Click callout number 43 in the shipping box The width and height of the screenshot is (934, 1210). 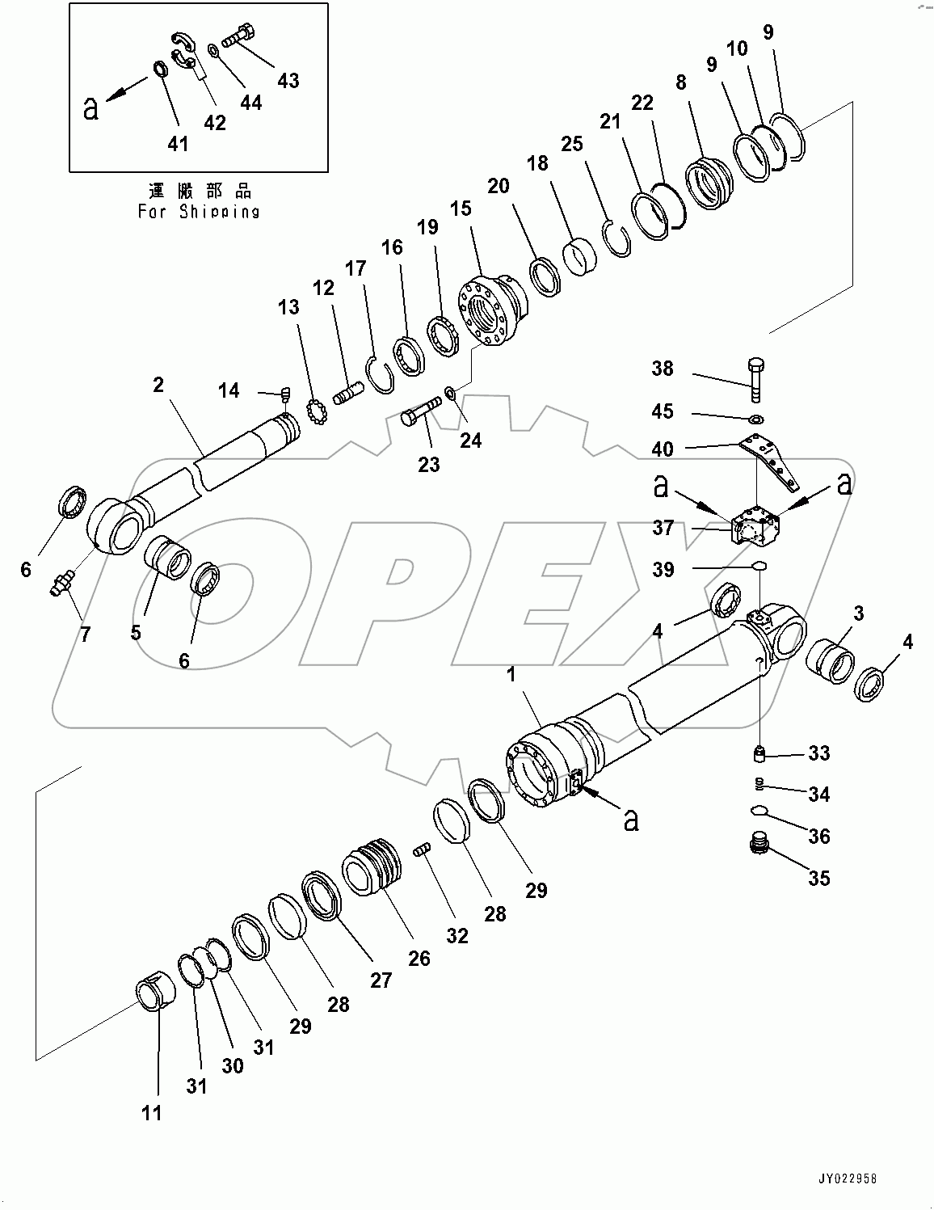tap(288, 80)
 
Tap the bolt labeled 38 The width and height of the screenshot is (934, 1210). tap(755, 377)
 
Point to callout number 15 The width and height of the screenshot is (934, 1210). tap(461, 209)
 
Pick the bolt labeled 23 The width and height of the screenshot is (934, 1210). tap(419, 412)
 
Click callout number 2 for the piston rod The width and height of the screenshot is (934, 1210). tap(158, 385)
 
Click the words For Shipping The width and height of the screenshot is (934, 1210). tap(199, 212)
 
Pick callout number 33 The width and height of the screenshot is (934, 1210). tap(818, 753)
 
